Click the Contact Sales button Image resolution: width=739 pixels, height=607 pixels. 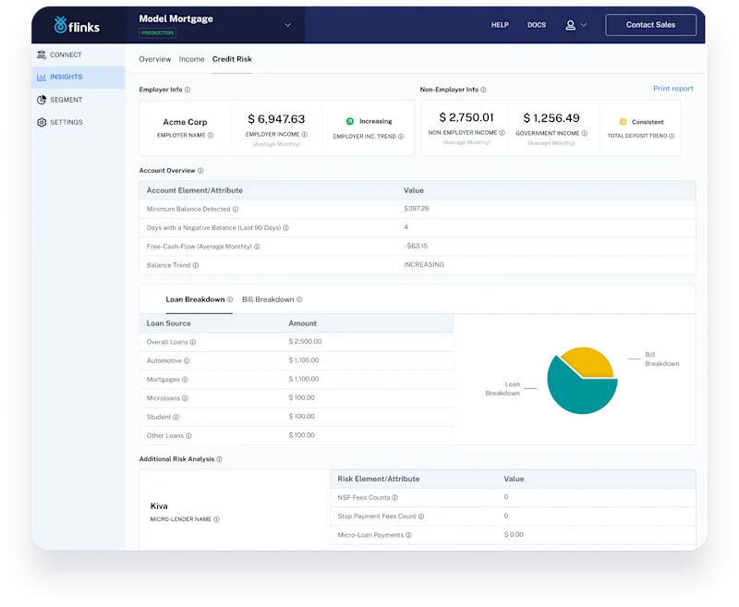point(650,25)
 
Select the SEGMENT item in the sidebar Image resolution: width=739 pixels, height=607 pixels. point(66,100)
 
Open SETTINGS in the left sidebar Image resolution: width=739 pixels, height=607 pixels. point(66,122)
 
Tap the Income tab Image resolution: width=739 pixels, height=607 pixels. point(191,59)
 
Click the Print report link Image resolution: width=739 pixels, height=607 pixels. point(672,89)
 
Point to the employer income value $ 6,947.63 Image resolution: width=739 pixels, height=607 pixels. point(276,119)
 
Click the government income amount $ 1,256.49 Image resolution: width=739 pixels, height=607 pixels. point(551,118)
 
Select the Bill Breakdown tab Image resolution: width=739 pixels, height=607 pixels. point(268,299)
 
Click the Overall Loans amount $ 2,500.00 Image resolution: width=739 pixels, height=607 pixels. point(306,342)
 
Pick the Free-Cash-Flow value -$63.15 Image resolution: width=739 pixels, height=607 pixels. point(416,246)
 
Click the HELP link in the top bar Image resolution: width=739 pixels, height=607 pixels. point(500,25)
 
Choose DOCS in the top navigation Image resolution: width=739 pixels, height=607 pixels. point(537,25)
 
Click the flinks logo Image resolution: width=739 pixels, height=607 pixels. point(78,25)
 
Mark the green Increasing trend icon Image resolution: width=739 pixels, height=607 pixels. point(350,121)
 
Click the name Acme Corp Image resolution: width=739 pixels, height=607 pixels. point(185,122)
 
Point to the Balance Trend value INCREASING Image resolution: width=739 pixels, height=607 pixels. point(424,264)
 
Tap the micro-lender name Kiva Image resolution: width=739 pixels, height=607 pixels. point(160,506)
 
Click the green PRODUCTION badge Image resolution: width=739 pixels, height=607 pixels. point(157,33)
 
